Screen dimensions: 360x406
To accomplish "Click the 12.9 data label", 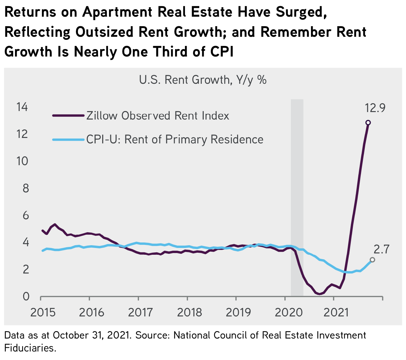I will [375, 108].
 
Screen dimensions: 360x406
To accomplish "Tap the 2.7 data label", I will [381, 250].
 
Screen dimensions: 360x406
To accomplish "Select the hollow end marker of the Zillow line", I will [368, 123].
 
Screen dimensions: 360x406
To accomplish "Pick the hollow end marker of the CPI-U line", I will [372, 260].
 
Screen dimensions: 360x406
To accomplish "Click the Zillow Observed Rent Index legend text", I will [158, 116].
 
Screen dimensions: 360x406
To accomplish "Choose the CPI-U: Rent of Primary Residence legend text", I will [175, 140].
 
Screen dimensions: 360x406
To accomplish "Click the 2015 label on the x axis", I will [43, 312].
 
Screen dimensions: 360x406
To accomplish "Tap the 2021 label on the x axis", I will [335, 312].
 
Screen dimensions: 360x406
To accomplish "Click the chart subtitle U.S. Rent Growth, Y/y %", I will [203, 80].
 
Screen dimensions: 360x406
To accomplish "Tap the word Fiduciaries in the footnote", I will [30, 348].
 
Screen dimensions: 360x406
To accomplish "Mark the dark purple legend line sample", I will [68, 116].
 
